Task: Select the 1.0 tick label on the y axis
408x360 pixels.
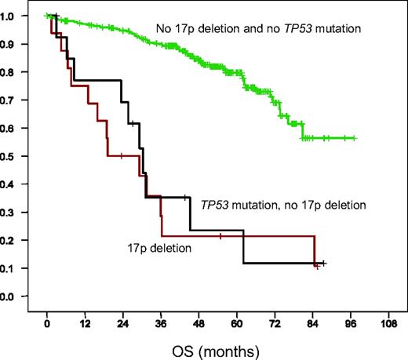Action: point(16,16)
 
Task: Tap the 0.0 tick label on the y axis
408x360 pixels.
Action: point(16,296)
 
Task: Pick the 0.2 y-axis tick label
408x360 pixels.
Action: point(16,240)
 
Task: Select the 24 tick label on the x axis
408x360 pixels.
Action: point(122,323)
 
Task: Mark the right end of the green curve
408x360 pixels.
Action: point(355,138)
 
